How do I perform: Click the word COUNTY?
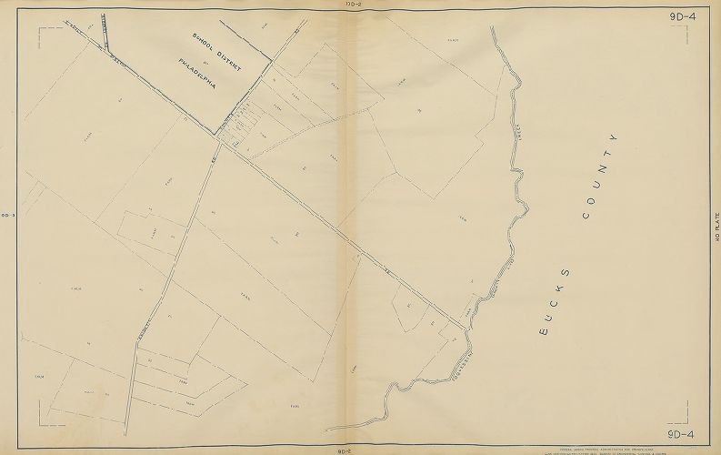pos(600,177)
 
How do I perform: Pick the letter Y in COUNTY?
pos(615,137)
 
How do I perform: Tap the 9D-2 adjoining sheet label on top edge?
pos(355,4)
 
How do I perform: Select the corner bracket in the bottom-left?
pos(44,420)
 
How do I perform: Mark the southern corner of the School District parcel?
pos(215,135)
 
